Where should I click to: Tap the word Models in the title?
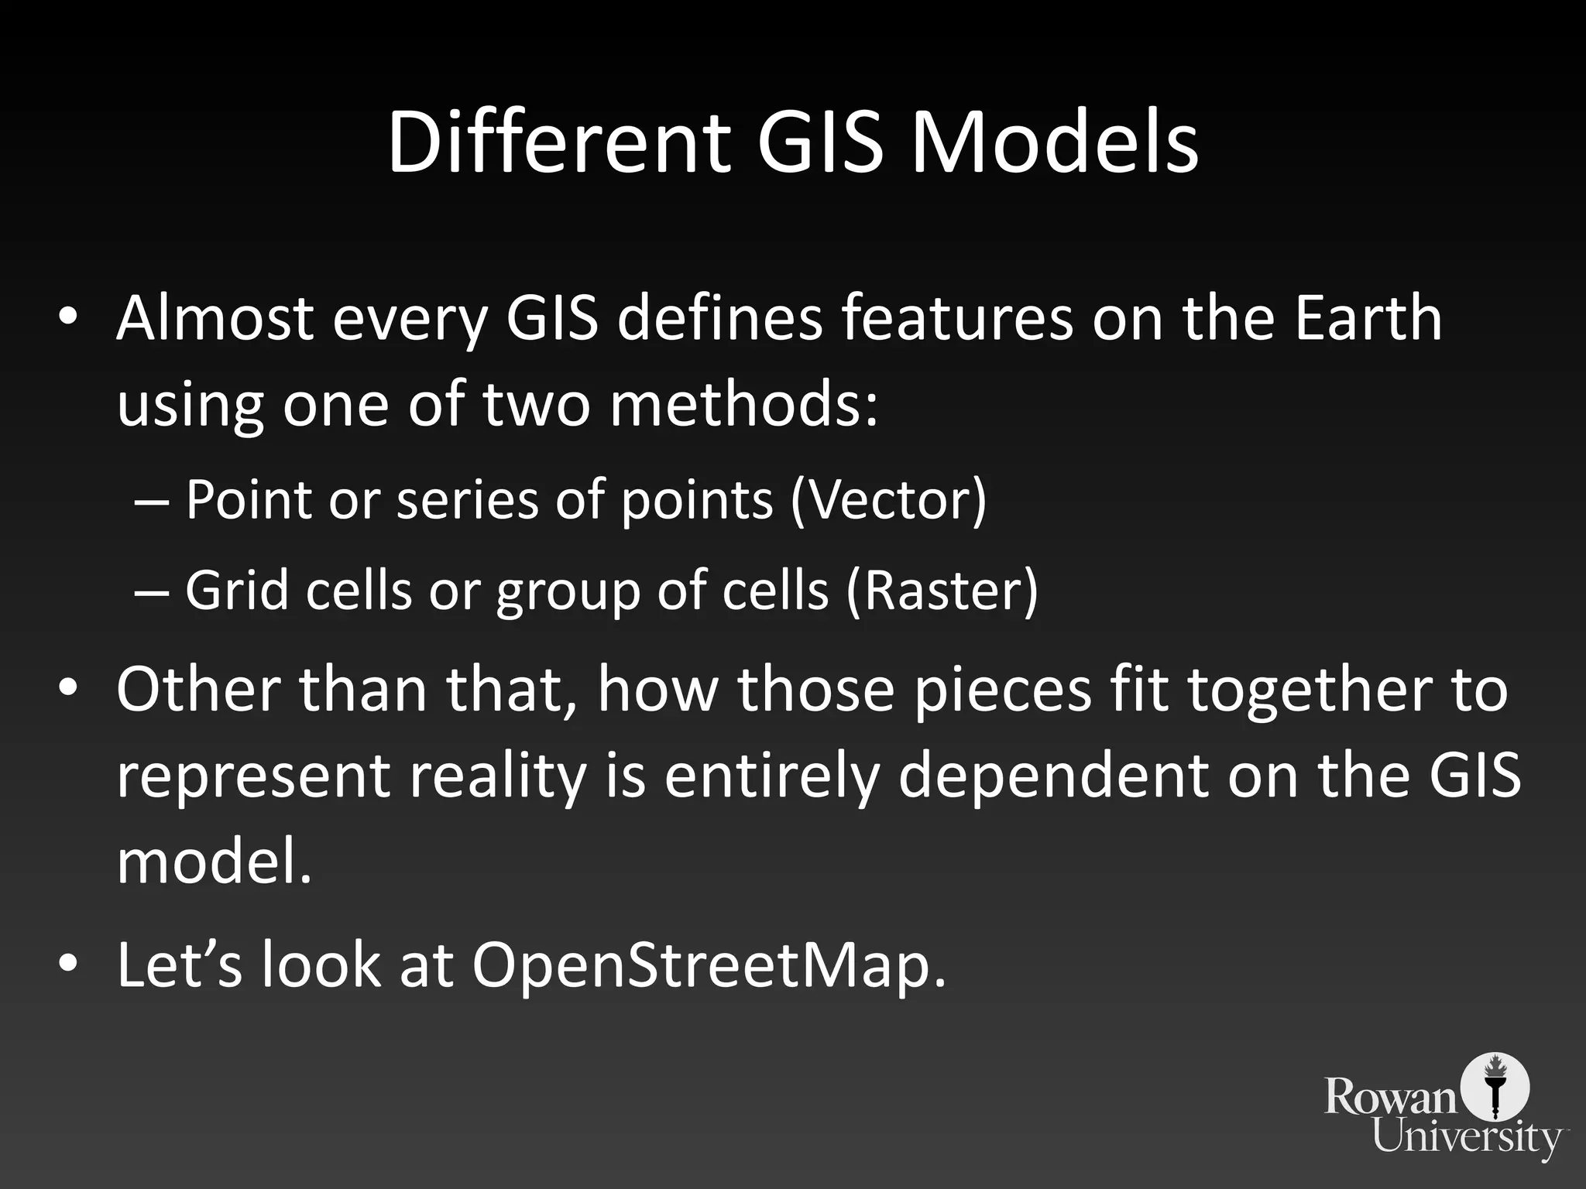pyautogui.click(x=1054, y=143)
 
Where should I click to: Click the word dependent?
pyautogui.click(x=1053, y=776)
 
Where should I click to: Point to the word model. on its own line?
pyautogui.click(x=214, y=862)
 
